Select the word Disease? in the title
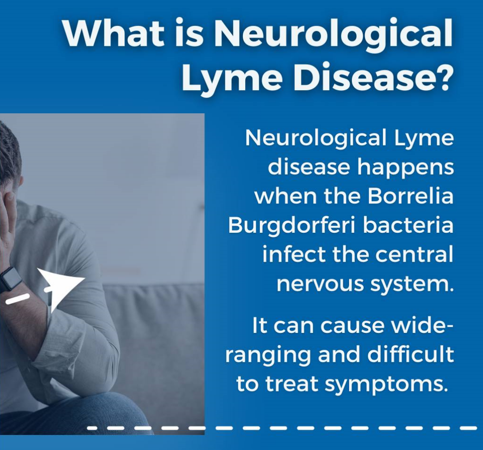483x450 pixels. coord(374,76)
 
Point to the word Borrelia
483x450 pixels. coord(411,196)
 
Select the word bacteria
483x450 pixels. coord(408,225)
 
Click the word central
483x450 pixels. coord(414,255)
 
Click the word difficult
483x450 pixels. coord(411,354)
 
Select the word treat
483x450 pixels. coord(291,384)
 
